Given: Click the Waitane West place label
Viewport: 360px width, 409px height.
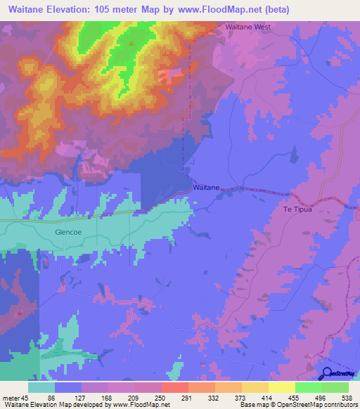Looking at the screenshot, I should click(x=248, y=27).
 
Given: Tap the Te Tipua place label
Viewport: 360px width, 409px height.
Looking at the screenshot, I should click(x=297, y=209).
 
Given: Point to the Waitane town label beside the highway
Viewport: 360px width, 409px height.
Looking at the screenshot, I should click(x=206, y=188).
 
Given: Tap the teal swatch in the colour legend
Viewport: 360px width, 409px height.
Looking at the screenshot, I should click(x=41, y=387).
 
